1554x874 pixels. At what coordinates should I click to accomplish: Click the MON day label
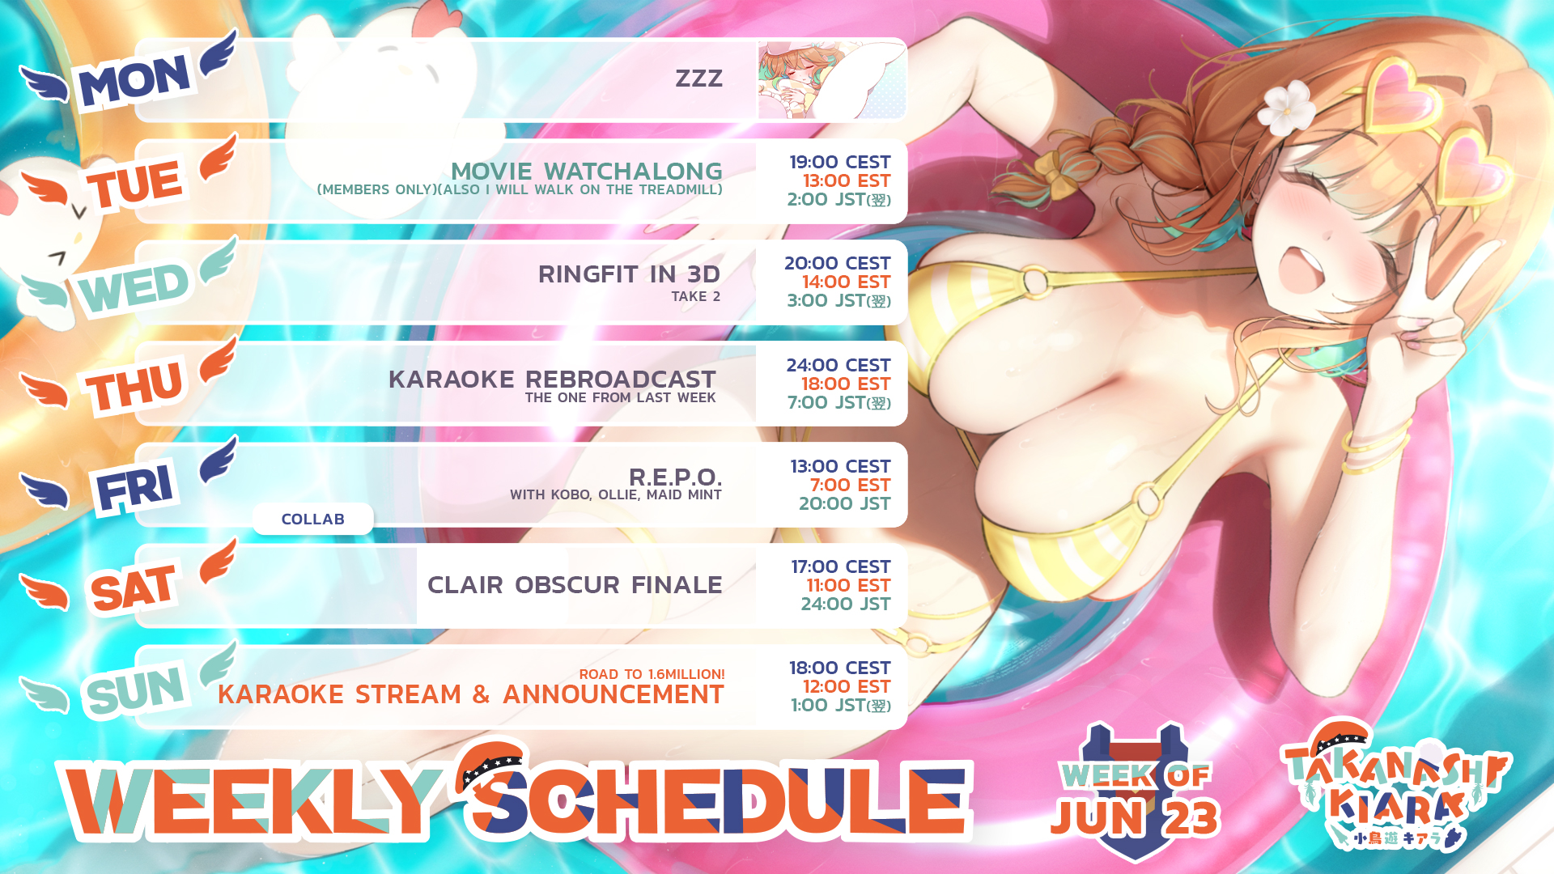click(134, 79)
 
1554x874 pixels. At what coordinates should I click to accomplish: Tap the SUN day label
click(136, 690)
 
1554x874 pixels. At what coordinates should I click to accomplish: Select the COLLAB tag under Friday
click(313, 519)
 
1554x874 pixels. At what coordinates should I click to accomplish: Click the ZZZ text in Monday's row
click(698, 78)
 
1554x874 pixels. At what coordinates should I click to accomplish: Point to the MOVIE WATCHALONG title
click(586, 171)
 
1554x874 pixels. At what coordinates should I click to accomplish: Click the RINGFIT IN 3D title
click(629, 274)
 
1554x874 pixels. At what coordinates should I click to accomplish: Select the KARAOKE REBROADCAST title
click(552, 379)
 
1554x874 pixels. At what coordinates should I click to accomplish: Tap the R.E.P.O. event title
click(675, 477)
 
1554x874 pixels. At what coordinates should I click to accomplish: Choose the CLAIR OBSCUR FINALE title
click(575, 584)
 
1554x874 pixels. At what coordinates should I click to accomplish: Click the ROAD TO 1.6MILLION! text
click(652, 674)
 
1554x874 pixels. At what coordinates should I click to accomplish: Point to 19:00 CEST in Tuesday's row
click(840, 162)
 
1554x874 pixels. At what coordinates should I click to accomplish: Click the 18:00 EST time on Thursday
click(846, 384)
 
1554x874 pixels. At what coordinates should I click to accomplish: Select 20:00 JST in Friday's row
click(844, 503)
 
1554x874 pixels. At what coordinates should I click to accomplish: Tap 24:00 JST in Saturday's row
click(846, 604)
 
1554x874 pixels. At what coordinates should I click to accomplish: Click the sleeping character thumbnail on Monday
click(832, 80)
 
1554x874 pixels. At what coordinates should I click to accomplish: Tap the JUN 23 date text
click(1135, 817)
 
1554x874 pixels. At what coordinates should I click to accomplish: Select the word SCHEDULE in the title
click(716, 797)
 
